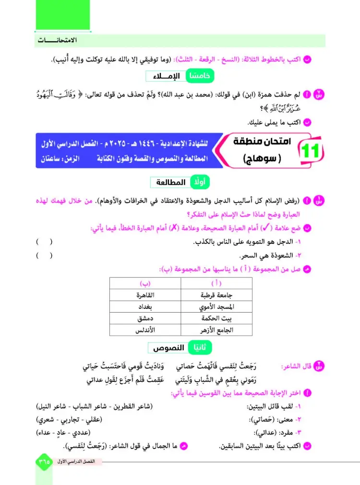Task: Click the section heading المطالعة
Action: coord(168,182)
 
